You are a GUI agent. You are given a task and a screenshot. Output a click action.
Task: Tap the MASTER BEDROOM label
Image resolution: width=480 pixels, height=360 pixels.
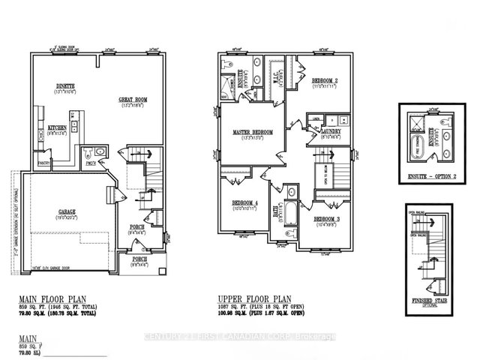[x=253, y=132]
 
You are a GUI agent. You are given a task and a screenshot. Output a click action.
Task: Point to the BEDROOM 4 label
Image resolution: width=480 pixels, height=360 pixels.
[x=245, y=203]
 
